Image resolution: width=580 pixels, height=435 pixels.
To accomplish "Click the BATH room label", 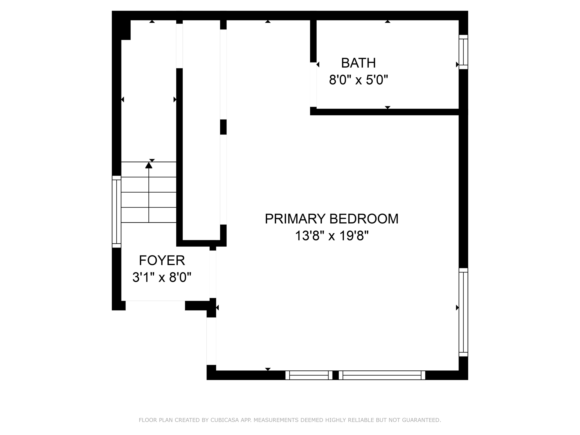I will point(358,63).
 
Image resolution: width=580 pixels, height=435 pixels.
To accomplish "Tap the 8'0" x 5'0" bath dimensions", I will point(358,80).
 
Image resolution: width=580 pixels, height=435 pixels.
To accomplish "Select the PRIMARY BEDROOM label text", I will point(331,219).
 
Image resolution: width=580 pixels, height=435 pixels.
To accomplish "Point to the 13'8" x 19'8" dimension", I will point(332,236).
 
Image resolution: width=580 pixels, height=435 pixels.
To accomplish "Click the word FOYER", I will point(162,260).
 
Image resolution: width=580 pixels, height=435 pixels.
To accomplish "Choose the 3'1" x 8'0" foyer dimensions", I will point(162,277).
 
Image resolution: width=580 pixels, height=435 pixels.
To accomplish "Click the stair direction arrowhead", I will point(149,165).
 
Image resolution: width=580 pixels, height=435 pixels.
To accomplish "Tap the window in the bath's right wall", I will point(463,52).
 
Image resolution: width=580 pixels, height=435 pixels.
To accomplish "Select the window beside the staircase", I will point(116,212).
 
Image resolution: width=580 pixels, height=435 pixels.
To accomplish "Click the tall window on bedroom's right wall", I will point(463,312).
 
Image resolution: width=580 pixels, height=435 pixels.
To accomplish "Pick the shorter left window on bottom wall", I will point(309,375).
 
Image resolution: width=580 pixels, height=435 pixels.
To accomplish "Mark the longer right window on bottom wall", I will point(382,375).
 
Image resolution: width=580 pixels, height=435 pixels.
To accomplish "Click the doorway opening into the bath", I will point(313,84).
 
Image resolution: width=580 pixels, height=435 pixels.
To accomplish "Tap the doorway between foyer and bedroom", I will point(213,274).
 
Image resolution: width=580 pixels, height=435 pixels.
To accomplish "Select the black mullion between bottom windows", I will point(336,375).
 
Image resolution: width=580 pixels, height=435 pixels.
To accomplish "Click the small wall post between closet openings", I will point(223,127).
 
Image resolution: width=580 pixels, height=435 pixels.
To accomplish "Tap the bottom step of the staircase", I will point(149,215).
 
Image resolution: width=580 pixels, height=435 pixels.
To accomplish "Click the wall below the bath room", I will point(385,112).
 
